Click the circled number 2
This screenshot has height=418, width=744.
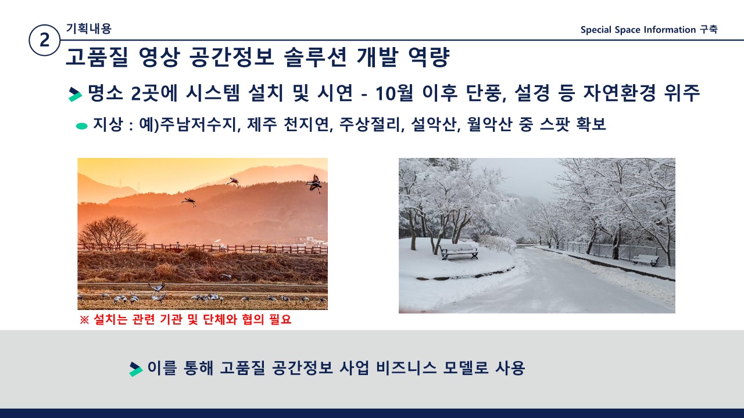pos(44,40)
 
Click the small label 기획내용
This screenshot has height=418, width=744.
pos(89,28)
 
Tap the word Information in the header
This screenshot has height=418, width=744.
pos(670,30)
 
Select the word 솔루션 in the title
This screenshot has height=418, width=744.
pos(316,57)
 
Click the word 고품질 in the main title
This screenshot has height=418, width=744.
pos(97,57)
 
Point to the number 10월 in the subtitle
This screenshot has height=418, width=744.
pos(394,93)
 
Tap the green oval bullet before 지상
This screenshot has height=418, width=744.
pos(82,126)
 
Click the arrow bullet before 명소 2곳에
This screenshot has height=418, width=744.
pos(75,94)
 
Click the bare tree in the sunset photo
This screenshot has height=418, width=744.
pos(112,232)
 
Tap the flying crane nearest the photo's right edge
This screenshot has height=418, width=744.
pos(314,184)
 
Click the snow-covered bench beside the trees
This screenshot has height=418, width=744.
pos(459,251)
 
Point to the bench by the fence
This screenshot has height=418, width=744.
pos(646,260)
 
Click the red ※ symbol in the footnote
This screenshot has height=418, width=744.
pos(84,320)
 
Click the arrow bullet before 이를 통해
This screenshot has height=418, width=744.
pos(136,369)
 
